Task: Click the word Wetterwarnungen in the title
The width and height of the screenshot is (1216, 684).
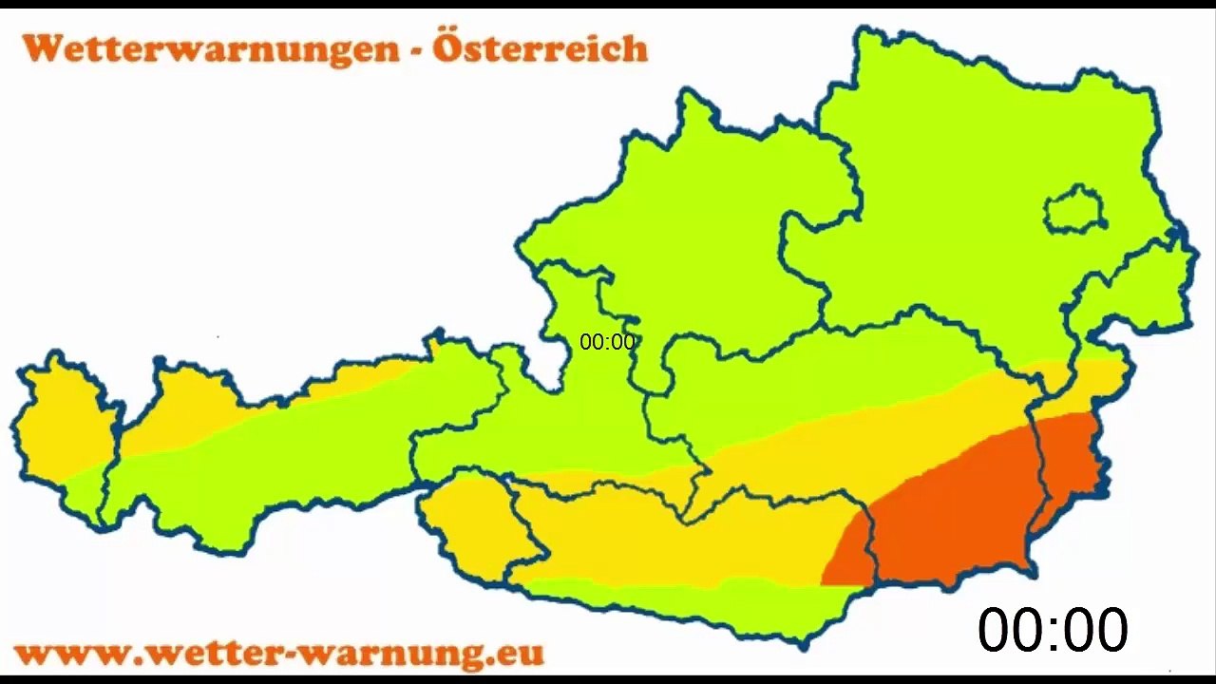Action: click(x=211, y=47)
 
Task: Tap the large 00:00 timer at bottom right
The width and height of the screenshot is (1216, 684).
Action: click(x=1053, y=629)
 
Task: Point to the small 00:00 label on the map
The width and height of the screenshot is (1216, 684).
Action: click(x=607, y=342)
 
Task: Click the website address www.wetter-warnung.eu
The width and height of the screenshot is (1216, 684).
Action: click(x=279, y=653)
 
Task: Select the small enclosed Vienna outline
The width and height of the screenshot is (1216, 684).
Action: click(x=1074, y=210)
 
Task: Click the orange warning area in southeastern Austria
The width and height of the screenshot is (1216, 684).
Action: click(x=950, y=513)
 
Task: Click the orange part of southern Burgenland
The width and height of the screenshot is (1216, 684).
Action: click(x=1069, y=465)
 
